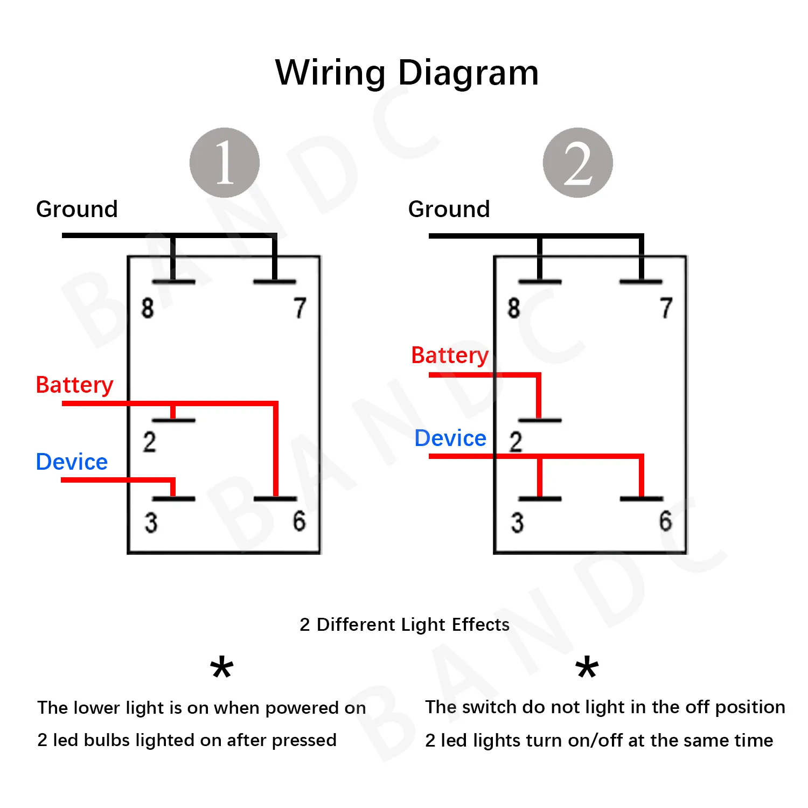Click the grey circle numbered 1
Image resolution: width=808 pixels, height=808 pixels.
tap(225, 163)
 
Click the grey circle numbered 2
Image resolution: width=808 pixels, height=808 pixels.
tap(577, 163)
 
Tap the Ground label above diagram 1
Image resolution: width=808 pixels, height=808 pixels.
tap(77, 209)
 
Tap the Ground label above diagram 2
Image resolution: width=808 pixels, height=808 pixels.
tap(449, 209)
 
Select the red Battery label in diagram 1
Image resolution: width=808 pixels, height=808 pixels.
tap(74, 385)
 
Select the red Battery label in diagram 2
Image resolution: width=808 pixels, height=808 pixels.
tap(450, 356)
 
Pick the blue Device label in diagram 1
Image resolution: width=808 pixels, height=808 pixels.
tap(72, 462)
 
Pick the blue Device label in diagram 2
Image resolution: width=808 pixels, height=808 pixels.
tap(450, 438)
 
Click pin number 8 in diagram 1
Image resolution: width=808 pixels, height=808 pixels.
tap(148, 308)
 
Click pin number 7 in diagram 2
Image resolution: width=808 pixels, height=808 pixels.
tap(666, 308)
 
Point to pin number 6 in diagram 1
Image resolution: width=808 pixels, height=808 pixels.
tap(299, 521)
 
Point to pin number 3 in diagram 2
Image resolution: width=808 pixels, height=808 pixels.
tap(517, 523)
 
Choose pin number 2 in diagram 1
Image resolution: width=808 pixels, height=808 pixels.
tap(149, 442)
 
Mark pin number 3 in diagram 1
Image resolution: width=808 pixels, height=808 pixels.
tap(151, 523)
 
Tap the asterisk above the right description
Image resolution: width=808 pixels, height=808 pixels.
tap(587, 668)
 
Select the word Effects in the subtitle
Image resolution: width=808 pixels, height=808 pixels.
tap(480, 624)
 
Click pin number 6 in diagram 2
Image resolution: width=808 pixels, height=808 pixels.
tap(666, 521)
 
